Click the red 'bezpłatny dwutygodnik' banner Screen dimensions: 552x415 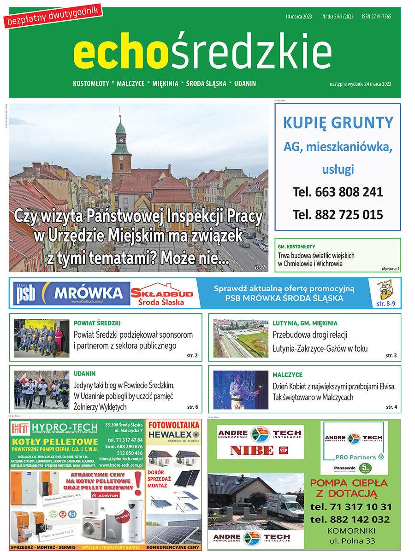tap(53, 16)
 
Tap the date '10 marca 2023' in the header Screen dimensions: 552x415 tap(299, 17)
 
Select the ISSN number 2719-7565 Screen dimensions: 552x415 tap(376, 17)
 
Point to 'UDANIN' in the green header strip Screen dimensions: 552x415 tap(245, 84)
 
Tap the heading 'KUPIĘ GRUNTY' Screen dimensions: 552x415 tap(338, 123)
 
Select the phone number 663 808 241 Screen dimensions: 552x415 tap(338, 192)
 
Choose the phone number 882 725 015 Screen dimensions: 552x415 tap(338, 214)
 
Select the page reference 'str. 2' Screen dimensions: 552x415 tap(193, 356)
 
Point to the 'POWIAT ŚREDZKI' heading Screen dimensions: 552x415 tap(97, 323)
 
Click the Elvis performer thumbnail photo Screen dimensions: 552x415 tap(241, 390)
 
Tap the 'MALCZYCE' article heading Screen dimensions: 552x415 tap(287, 375)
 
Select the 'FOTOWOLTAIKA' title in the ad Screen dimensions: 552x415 tap(173, 425)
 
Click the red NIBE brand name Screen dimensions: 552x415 tap(252, 450)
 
